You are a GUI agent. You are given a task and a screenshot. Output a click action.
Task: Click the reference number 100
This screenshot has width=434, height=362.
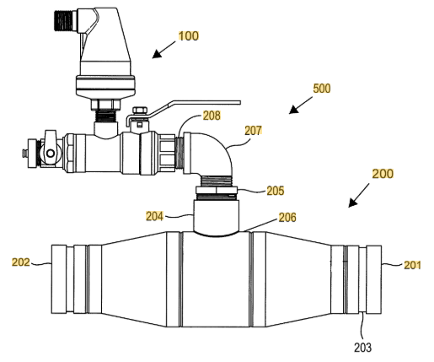click(x=189, y=36)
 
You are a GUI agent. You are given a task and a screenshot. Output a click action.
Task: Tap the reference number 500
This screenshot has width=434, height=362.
click(x=322, y=89)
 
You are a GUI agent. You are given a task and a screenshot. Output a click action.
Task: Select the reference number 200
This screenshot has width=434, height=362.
click(x=383, y=174)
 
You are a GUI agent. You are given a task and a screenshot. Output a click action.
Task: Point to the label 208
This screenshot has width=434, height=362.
click(x=212, y=116)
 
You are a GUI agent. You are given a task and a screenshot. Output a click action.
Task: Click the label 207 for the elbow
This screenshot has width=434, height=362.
click(x=254, y=131)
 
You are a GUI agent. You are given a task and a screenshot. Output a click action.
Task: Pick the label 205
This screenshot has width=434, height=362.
click(x=276, y=191)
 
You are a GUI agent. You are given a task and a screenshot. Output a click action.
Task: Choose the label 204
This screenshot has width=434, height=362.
click(x=154, y=216)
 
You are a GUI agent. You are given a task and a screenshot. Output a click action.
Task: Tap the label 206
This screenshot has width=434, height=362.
click(x=287, y=218)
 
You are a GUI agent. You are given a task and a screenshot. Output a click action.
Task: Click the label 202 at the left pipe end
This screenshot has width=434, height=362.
click(x=20, y=262)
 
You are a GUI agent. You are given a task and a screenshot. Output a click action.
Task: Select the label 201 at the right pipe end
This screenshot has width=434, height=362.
click(x=412, y=265)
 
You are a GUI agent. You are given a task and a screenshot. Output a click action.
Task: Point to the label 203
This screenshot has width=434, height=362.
click(x=362, y=348)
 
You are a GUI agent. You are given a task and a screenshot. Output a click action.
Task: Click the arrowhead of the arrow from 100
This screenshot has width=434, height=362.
click(x=157, y=55)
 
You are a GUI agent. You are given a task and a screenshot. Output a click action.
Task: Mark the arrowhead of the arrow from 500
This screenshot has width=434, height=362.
click(x=293, y=110)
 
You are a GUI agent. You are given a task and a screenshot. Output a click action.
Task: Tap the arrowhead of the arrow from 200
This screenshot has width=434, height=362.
click(x=352, y=203)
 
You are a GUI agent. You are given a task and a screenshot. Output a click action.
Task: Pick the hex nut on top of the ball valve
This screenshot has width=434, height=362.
click(x=140, y=111)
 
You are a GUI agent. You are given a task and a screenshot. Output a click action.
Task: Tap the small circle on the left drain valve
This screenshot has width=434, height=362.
click(x=51, y=154)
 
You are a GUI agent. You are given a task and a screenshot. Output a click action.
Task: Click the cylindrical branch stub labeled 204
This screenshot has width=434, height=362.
click(x=216, y=216)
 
